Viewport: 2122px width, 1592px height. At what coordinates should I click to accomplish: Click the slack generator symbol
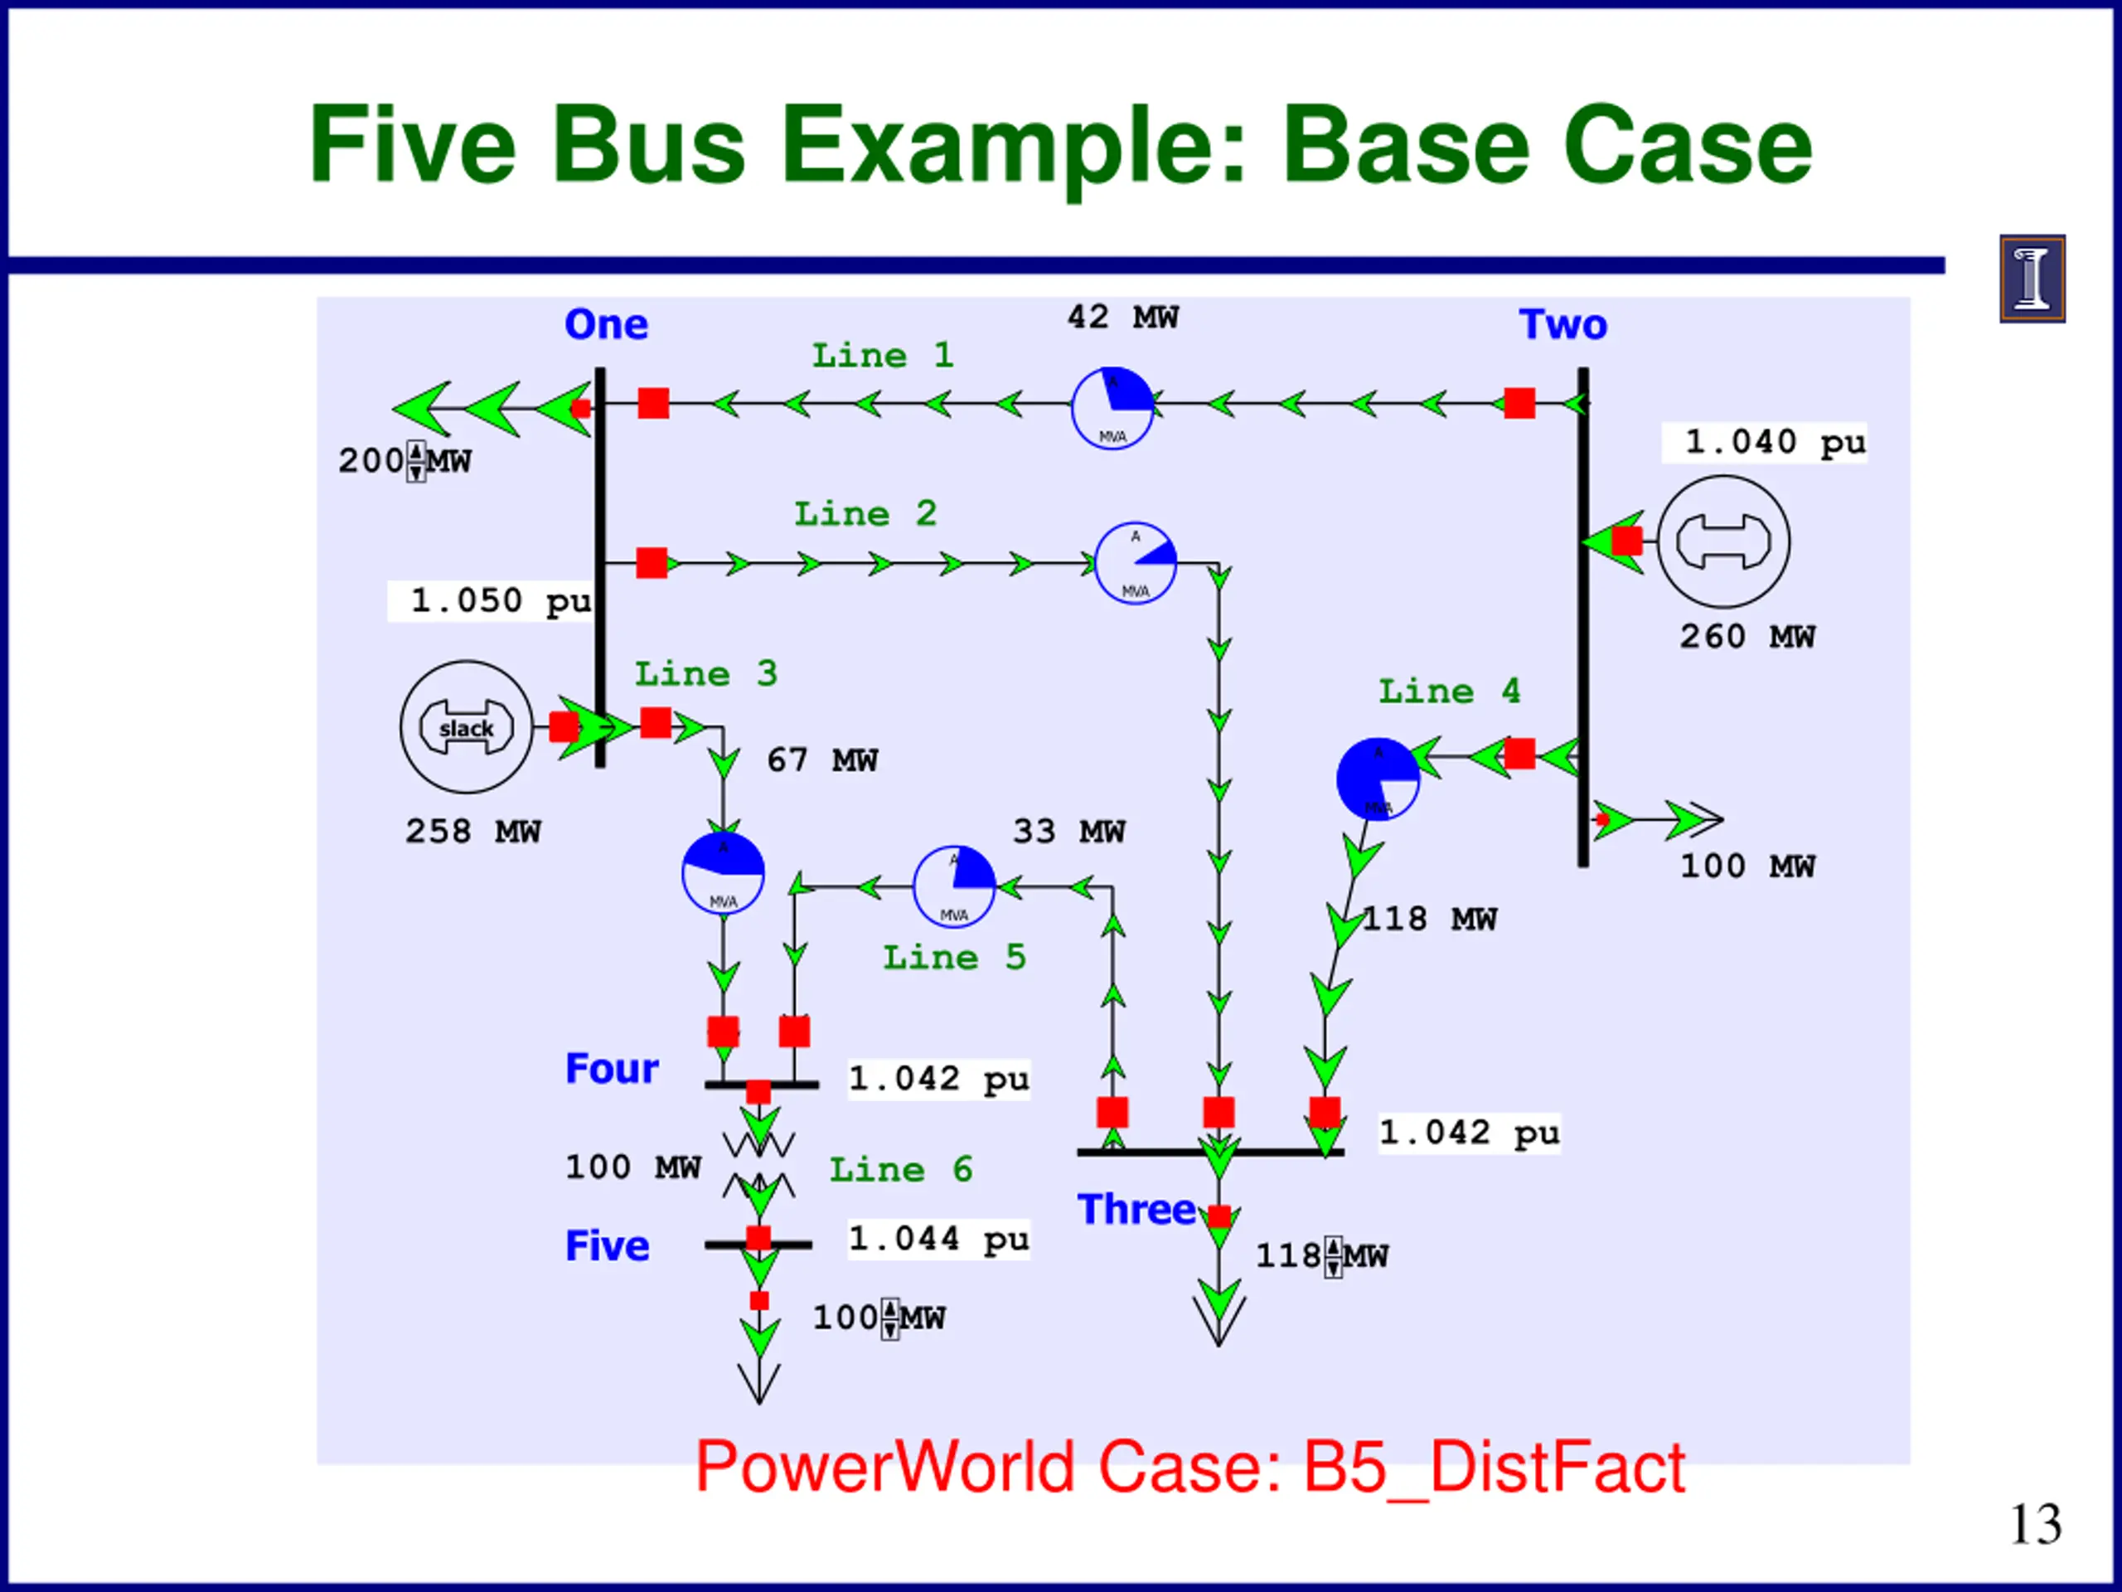(466, 726)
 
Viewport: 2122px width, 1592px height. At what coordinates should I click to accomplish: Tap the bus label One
(606, 324)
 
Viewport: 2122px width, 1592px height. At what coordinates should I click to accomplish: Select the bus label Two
(1562, 324)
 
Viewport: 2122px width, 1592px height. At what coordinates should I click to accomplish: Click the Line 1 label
(883, 356)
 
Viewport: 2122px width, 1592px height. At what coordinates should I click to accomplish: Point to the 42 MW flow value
(1122, 317)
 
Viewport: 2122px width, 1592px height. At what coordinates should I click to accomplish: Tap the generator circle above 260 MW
(1723, 542)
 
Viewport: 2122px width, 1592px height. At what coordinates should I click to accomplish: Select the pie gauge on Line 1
(1112, 408)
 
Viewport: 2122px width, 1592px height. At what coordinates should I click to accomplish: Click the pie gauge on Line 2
(1136, 563)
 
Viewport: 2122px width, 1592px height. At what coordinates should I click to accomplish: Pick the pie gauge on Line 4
(1378, 779)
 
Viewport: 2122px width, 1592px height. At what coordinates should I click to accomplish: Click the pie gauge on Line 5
(953, 886)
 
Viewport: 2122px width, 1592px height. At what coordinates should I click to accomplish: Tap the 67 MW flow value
(822, 761)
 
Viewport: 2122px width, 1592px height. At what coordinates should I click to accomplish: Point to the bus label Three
(1136, 1209)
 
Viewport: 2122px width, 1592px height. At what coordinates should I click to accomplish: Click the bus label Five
(608, 1245)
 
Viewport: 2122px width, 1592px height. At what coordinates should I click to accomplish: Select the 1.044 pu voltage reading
(938, 1239)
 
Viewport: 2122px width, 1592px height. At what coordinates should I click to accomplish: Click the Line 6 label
(901, 1170)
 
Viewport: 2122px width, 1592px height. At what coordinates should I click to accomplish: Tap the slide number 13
(2035, 1524)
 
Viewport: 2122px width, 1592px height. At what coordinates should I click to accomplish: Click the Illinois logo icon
(2032, 279)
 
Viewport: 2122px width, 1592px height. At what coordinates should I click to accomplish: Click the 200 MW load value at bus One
(404, 461)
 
